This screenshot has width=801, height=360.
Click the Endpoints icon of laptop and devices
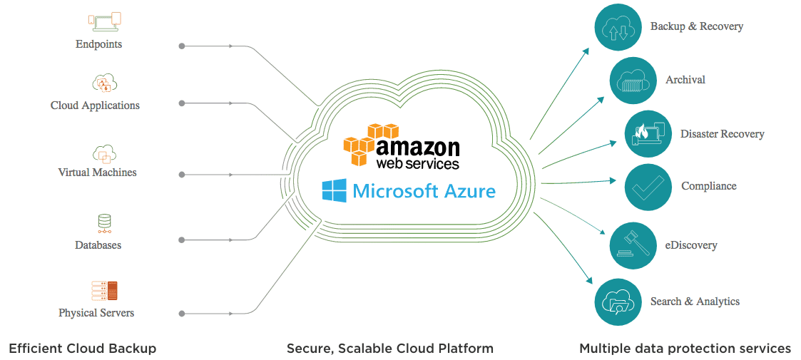coord(104,23)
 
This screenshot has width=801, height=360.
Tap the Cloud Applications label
coord(95,106)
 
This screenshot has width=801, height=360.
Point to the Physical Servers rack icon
coord(104,290)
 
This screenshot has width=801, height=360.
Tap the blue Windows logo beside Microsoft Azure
coord(334,191)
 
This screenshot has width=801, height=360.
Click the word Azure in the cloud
coord(467,191)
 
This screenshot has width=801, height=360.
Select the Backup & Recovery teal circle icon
coord(618,27)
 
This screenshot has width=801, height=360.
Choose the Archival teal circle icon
coord(633,80)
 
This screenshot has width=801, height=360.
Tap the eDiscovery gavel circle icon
coord(633,245)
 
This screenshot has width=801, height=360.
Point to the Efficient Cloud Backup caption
coord(82,349)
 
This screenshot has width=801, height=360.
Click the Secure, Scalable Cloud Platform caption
coord(389,349)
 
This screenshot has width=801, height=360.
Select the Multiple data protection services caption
coord(685,349)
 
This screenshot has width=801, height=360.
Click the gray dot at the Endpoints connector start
coord(182,46)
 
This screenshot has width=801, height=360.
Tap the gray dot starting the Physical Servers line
coord(182,313)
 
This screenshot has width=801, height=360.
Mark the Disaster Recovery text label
coord(722,134)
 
